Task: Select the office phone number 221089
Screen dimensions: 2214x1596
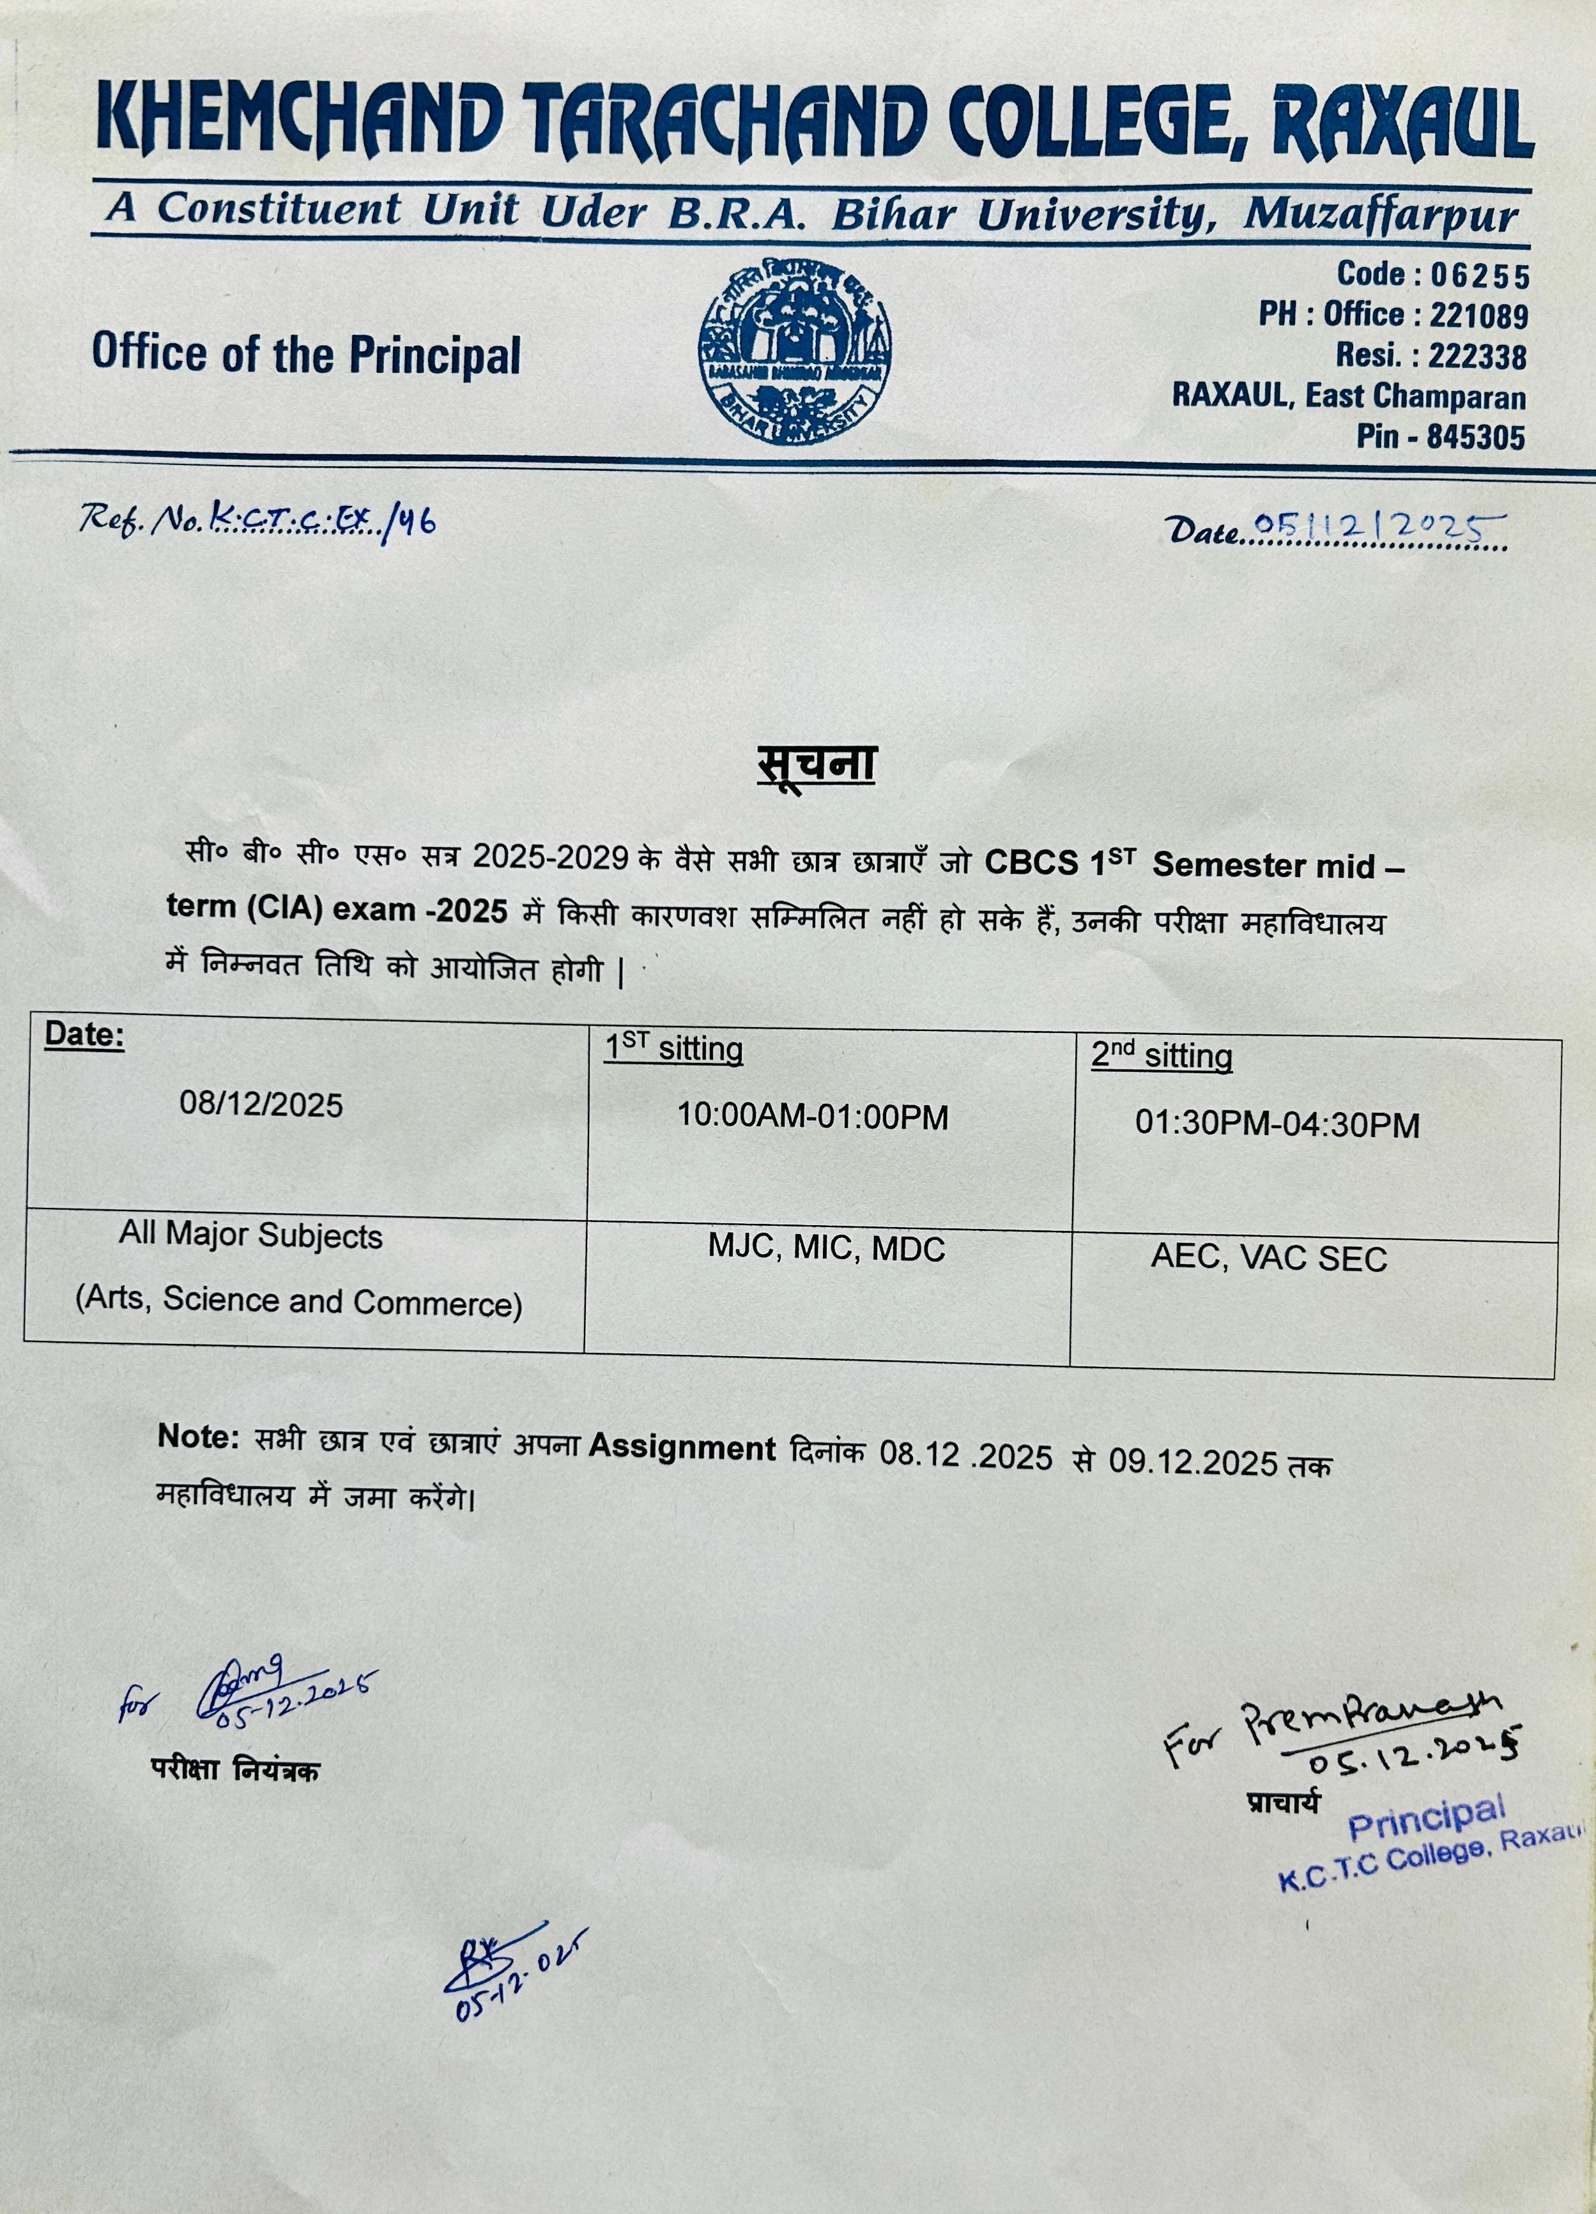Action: pos(1478,316)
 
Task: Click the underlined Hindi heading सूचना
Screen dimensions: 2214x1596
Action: pos(816,765)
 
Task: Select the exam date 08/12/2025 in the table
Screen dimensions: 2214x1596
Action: pos(261,1105)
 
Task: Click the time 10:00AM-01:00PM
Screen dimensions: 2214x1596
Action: pos(812,1117)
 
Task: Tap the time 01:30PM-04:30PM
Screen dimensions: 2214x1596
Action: pos(1276,1125)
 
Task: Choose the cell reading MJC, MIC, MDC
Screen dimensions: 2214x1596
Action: pos(826,1249)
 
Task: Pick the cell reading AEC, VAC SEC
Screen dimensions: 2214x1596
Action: pos(1268,1258)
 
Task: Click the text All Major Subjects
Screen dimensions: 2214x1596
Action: pos(251,1236)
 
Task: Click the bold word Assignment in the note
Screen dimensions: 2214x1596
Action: pos(681,1449)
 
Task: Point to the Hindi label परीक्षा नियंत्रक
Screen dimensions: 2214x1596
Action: pos(234,1770)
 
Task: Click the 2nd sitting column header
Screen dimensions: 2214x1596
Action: pos(1161,1057)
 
